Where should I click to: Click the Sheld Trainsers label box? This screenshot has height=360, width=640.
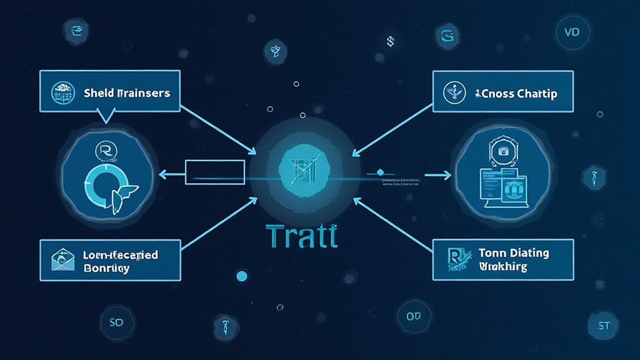(109, 93)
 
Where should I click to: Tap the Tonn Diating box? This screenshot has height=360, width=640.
(503, 259)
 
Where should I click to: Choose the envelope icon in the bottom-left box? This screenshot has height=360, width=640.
(63, 259)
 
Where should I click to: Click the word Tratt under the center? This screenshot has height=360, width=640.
(302, 237)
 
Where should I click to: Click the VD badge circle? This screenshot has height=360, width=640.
(572, 32)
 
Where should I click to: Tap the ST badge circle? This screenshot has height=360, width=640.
(603, 325)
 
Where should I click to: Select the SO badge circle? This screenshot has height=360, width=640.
(116, 322)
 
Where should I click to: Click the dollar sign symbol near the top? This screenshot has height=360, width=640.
(389, 41)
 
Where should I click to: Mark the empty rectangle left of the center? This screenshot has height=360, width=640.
(214, 172)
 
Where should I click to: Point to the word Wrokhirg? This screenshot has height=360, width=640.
(503, 266)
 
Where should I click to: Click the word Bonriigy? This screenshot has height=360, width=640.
(106, 267)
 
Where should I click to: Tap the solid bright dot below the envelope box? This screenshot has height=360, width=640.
(241, 276)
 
